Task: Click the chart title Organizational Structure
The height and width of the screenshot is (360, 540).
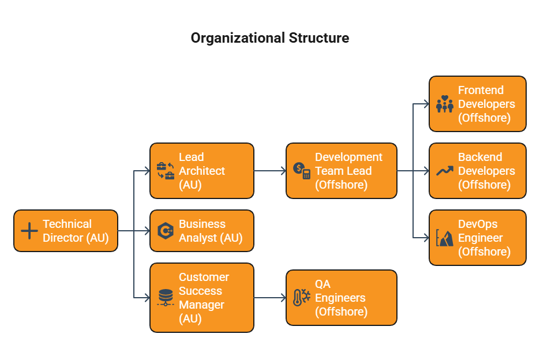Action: pyautogui.click(x=270, y=38)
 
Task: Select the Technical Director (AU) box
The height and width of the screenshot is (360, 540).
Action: pyautogui.click(x=66, y=231)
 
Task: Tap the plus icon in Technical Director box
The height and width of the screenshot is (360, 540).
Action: pyautogui.click(x=29, y=231)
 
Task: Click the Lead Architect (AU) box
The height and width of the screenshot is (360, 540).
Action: pyautogui.click(x=202, y=171)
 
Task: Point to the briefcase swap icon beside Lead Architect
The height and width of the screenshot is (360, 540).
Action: pyautogui.click(x=166, y=171)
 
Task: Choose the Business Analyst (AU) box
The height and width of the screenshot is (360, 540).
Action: pyautogui.click(x=202, y=231)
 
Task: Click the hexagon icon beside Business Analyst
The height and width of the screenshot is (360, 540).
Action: pyautogui.click(x=166, y=231)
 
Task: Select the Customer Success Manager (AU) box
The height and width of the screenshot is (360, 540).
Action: pyautogui.click(x=202, y=298)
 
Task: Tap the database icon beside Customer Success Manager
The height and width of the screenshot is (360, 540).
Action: pyautogui.click(x=166, y=298)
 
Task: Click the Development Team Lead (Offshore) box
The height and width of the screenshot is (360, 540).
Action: pyautogui.click(x=342, y=171)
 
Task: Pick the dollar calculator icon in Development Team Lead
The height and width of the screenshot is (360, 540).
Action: pyautogui.click(x=302, y=171)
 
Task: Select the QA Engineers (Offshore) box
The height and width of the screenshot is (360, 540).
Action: pyautogui.click(x=342, y=298)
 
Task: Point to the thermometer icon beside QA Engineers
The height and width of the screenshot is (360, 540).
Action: pyautogui.click(x=302, y=298)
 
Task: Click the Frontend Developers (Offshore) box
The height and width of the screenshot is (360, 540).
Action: pyautogui.click(x=478, y=104)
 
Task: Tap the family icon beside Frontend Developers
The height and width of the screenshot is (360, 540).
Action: pyautogui.click(x=445, y=104)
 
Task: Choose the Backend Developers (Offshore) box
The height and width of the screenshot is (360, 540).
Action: pyautogui.click(x=478, y=171)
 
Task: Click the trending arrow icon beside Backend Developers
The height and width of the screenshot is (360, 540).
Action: pyautogui.click(x=445, y=171)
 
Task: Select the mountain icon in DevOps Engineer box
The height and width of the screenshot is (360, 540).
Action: pyautogui.click(x=445, y=238)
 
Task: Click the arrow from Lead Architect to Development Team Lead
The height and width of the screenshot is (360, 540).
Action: pyautogui.click(x=270, y=171)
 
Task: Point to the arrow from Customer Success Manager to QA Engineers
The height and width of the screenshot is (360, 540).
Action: pyautogui.click(x=270, y=298)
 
